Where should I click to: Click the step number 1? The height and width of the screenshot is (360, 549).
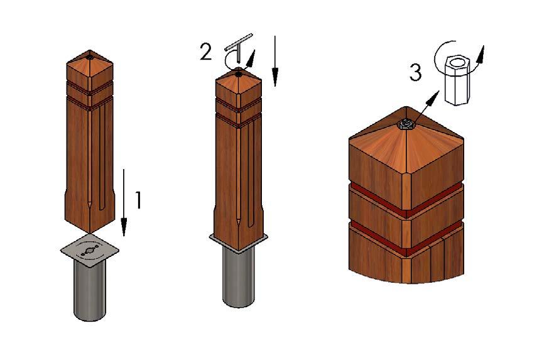tap(139, 200)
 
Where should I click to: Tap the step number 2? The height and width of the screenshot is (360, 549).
tap(206, 52)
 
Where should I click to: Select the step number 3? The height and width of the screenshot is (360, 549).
tap(416, 73)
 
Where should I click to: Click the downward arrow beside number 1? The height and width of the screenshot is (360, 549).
tap(124, 202)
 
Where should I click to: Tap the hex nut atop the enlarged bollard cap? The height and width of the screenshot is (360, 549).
tap(406, 124)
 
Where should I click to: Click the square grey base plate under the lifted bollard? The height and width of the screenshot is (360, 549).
tap(90, 251)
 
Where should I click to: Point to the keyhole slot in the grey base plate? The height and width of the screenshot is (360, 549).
tap(89, 251)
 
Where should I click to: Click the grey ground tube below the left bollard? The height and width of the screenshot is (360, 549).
tap(90, 291)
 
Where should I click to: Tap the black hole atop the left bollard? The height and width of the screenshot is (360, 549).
tap(90, 57)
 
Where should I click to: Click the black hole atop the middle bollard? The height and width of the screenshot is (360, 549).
tap(239, 74)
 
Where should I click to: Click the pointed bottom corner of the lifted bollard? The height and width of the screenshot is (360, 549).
tap(90, 233)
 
